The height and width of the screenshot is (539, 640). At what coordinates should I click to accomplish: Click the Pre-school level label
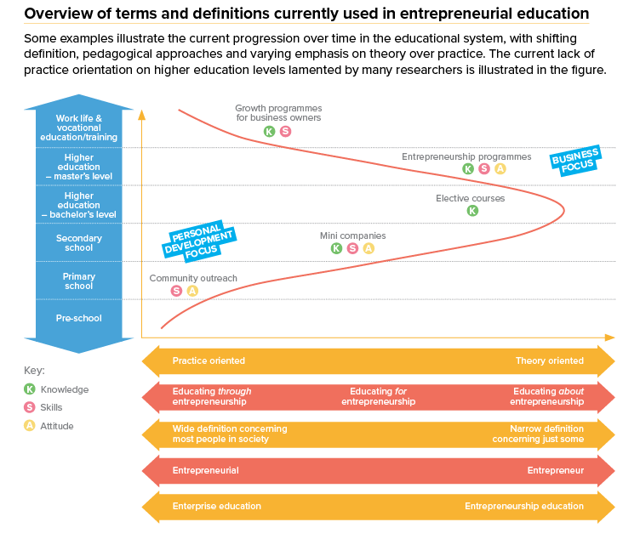[x=79, y=318]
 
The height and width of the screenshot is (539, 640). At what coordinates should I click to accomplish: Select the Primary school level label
[x=79, y=281]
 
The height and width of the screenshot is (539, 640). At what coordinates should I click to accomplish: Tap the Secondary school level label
[x=79, y=243]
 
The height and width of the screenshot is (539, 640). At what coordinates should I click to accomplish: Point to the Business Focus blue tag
[x=575, y=160]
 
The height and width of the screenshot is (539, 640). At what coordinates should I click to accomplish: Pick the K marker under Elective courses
[x=472, y=211]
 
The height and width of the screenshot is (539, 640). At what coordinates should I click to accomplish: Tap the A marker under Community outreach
[x=192, y=291]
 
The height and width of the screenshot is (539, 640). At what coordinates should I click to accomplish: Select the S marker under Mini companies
[x=352, y=248]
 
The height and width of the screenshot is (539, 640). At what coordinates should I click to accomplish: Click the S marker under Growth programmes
[x=285, y=131]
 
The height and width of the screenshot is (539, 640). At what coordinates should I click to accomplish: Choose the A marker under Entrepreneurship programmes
[x=500, y=169]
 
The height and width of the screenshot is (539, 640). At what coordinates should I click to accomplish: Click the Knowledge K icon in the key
[x=30, y=389]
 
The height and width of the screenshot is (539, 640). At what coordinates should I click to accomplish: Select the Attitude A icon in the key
[x=30, y=425]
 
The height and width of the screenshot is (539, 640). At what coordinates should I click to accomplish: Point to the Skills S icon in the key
[x=30, y=407]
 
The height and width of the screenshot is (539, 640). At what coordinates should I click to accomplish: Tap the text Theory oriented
[x=549, y=360]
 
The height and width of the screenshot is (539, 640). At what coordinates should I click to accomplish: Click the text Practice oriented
[x=209, y=360]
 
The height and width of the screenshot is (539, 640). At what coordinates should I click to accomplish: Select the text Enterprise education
[x=216, y=506]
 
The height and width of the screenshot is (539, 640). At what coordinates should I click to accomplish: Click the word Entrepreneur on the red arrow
[x=555, y=470]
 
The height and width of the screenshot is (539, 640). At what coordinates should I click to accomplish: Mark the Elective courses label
[x=470, y=198]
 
